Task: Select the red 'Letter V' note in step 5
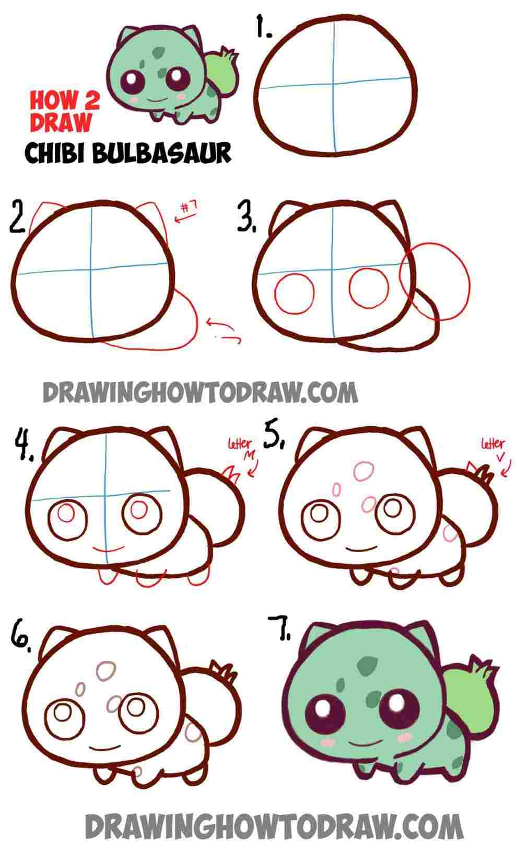tap(492, 450)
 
